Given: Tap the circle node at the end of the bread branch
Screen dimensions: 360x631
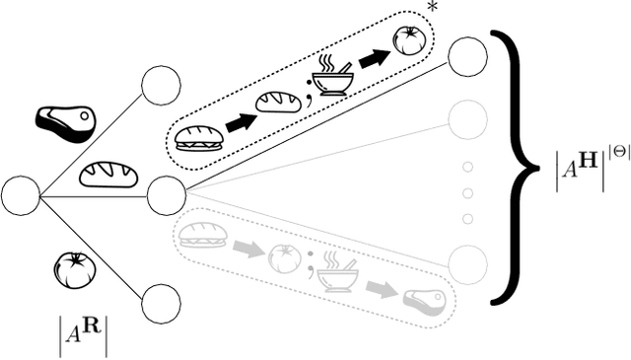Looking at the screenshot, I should click(x=166, y=195).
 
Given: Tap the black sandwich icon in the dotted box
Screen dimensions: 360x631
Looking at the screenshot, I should click(x=194, y=139).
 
